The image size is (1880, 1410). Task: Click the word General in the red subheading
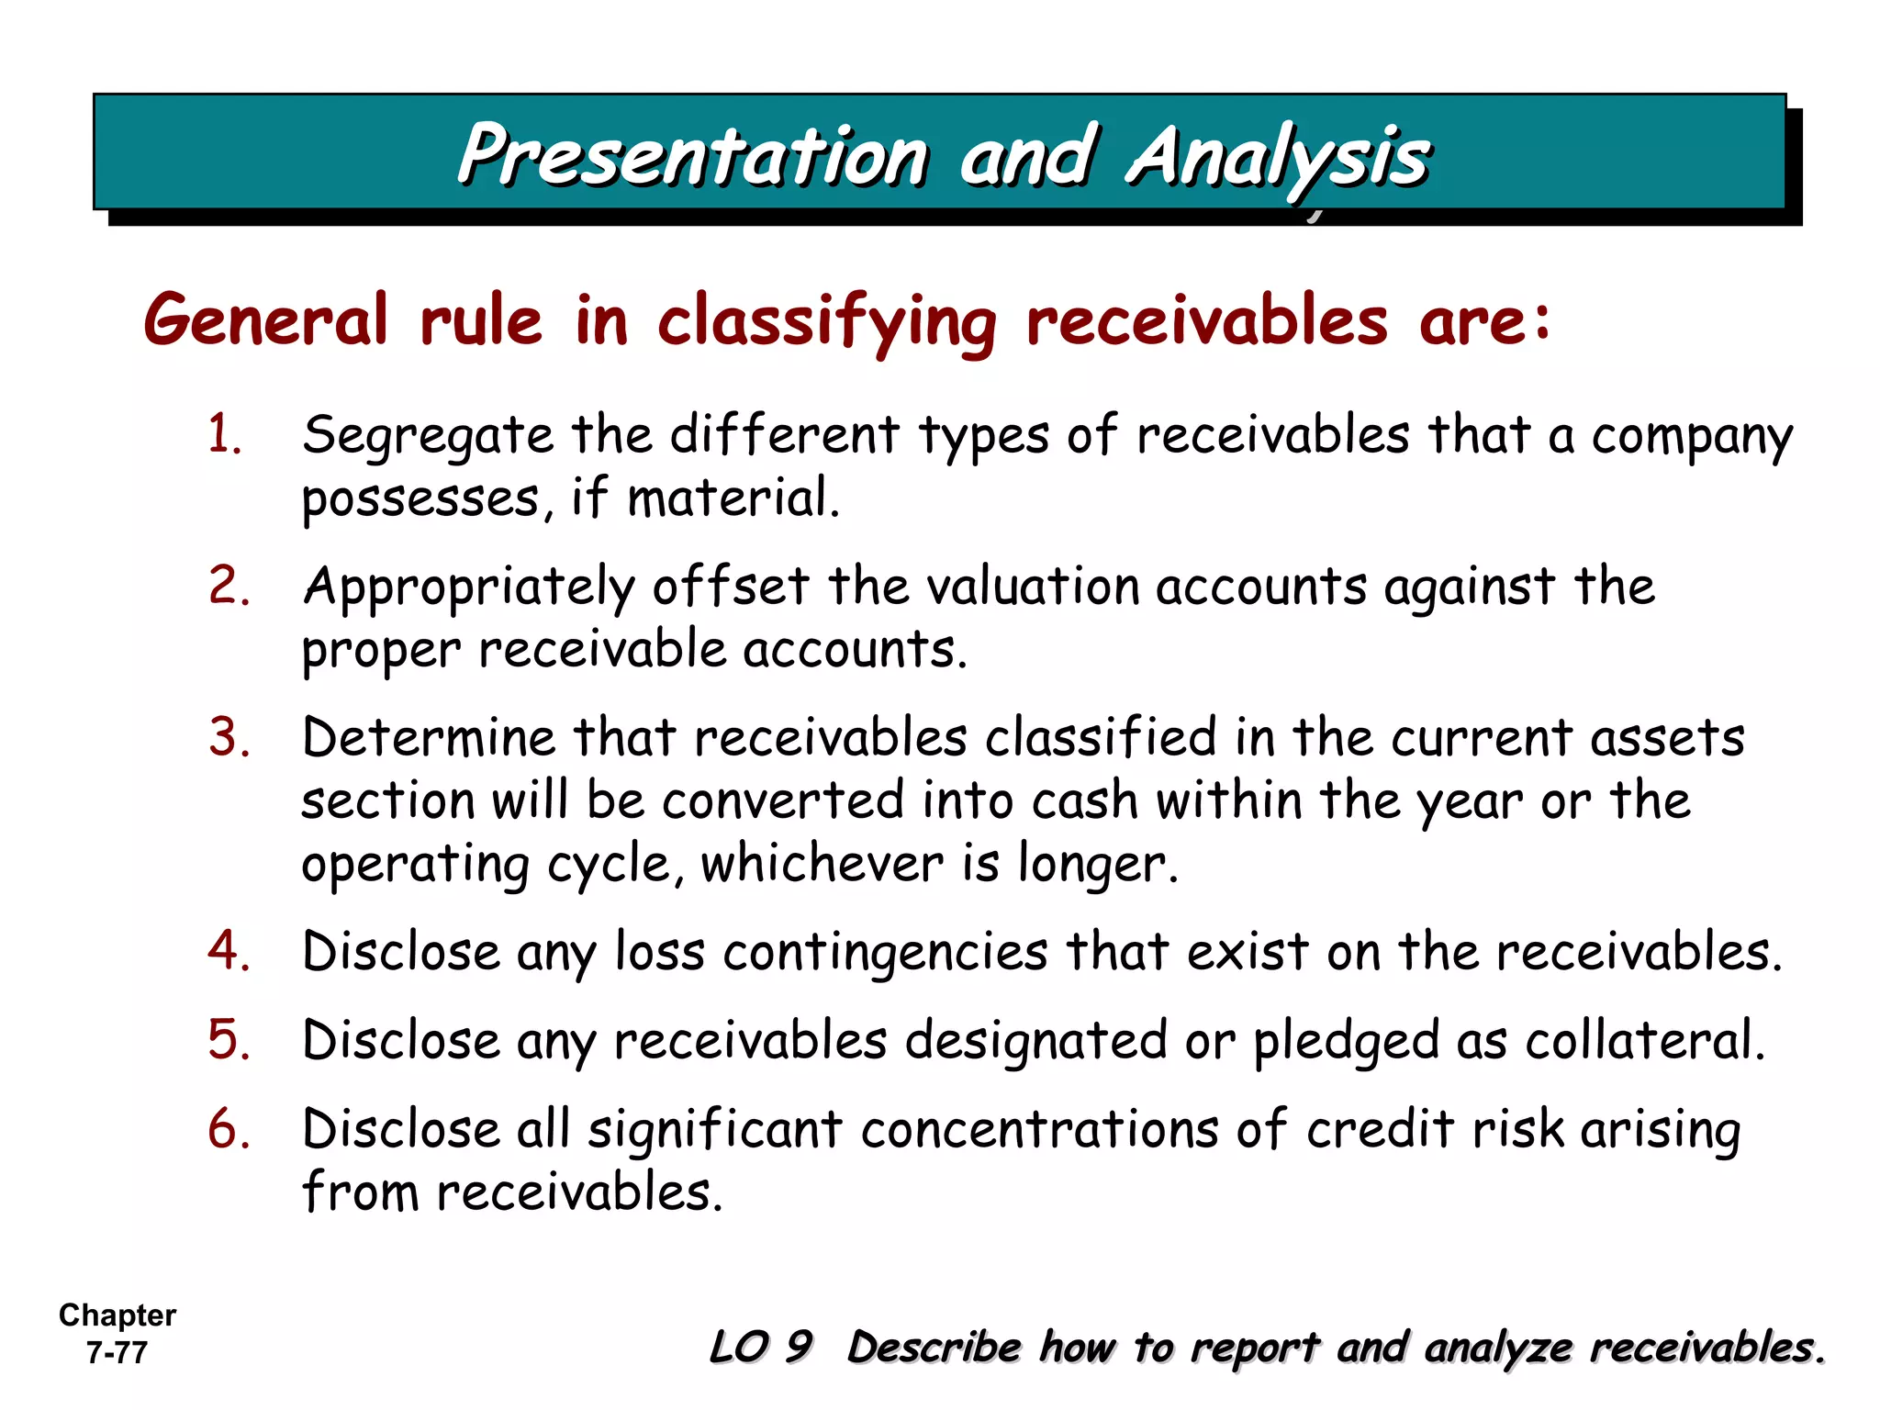(x=266, y=320)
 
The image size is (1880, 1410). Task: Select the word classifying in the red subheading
(x=826, y=322)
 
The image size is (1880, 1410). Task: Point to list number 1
(x=226, y=433)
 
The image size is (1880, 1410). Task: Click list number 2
(x=229, y=585)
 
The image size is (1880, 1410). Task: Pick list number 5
(x=229, y=1039)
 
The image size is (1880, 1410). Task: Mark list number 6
(x=229, y=1128)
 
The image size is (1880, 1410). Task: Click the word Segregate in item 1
(x=428, y=436)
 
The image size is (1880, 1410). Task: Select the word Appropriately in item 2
(x=469, y=588)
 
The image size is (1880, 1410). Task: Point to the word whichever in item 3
(x=822, y=864)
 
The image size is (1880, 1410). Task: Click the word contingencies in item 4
(x=885, y=952)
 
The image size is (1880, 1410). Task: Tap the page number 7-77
(x=117, y=1353)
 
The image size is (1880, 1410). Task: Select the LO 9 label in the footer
(x=761, y=1347)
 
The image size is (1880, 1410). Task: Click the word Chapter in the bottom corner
(x=117, y=1315)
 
